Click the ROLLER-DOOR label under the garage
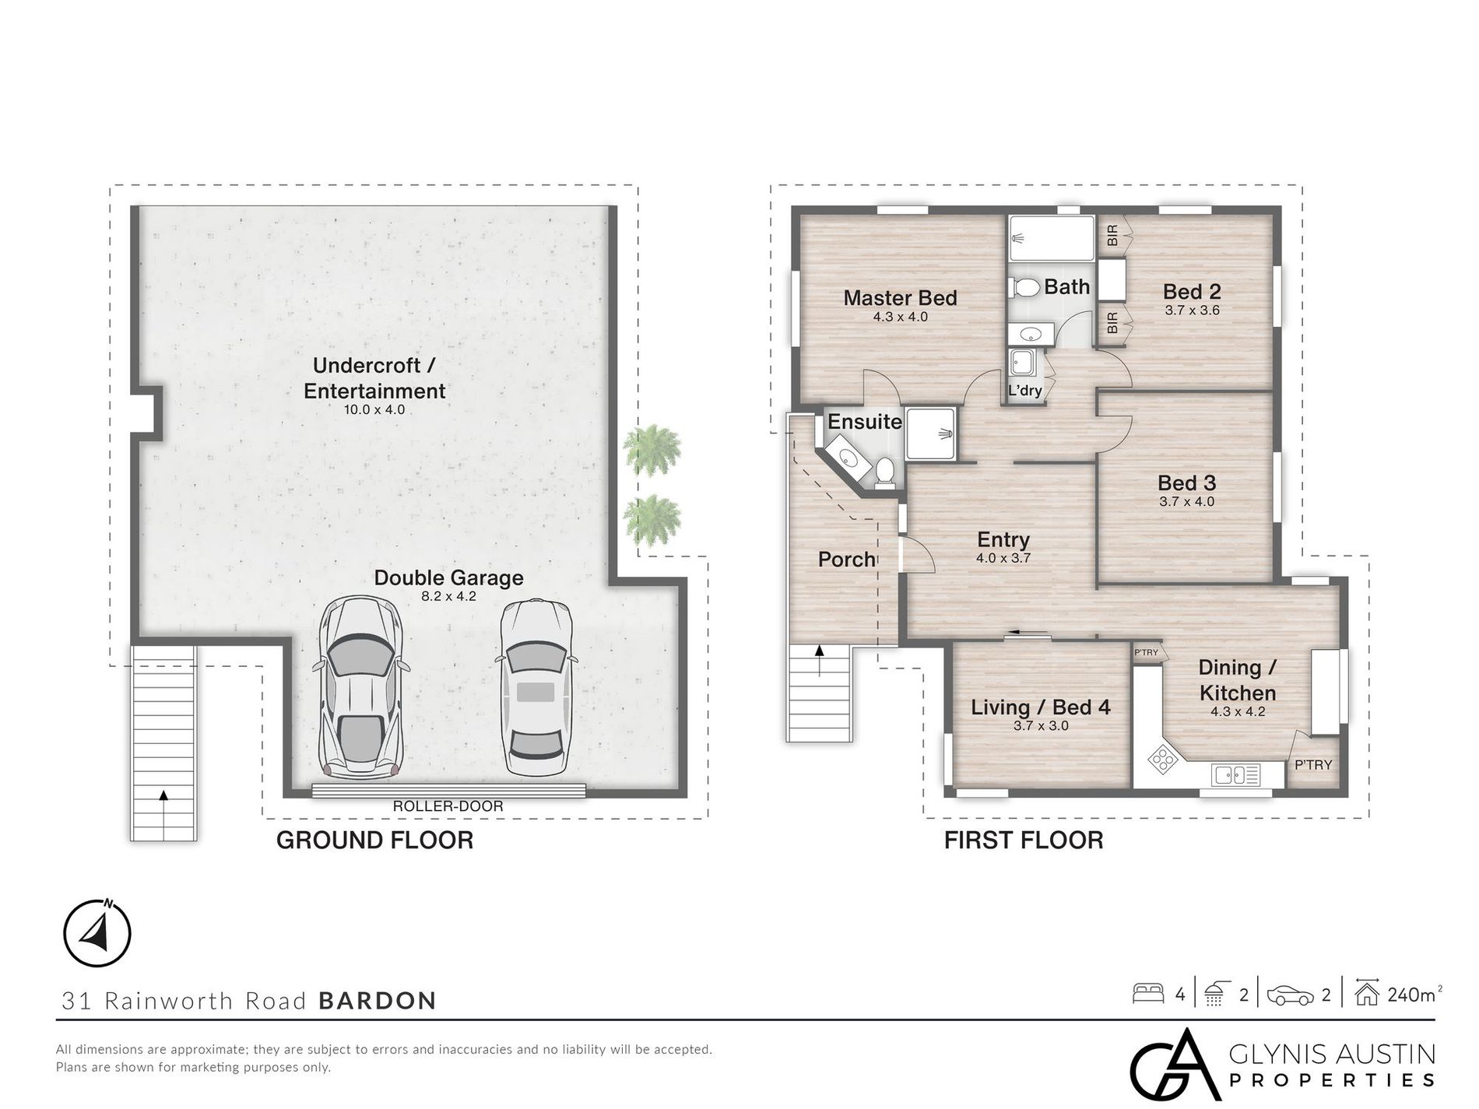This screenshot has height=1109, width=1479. click(448, 806)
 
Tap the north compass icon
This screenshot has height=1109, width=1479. click(97, 933)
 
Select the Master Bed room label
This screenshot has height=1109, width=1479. click(900, 298)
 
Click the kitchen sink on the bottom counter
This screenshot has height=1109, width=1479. click(1236, 774)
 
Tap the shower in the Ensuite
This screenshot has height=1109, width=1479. click(931, 433)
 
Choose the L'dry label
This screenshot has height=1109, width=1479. click(1024, 391)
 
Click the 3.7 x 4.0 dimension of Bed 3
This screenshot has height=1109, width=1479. click(1186, 502)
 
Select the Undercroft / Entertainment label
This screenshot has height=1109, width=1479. click(374, 378)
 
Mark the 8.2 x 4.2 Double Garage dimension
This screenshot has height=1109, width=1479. click(448, 597)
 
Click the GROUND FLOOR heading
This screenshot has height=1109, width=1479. click(374, 841)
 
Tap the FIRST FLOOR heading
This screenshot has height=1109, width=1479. click(1024, 841)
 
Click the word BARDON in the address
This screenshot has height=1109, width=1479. click(378, 1001)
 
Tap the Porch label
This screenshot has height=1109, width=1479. click(846, 560)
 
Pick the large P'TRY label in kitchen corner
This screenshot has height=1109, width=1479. click(1313, 765)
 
